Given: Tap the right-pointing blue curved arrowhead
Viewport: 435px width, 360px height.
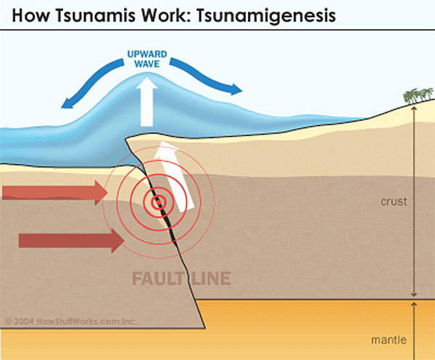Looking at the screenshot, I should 235,91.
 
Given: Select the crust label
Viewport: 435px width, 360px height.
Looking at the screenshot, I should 394,201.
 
